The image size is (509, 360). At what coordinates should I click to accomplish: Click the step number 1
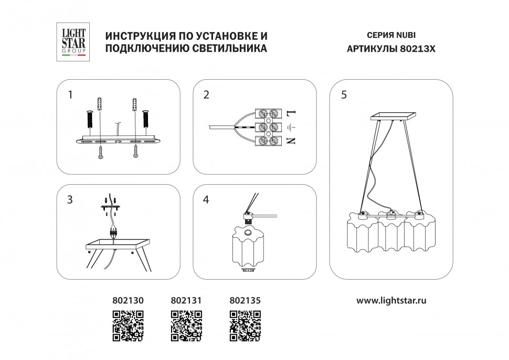tap(70, 95)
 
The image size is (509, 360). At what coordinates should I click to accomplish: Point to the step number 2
tap(206, 95)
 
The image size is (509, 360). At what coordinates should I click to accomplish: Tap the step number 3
tap(70, 200)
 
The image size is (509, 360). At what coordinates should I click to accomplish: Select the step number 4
tap(206, 200)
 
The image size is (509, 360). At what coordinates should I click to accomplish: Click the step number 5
tap(344, 95)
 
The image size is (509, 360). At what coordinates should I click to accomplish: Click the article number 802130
tap(128, 301)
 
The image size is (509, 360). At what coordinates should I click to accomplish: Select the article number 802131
tap(187, 301)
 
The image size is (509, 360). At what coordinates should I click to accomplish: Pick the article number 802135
tap(246, 301)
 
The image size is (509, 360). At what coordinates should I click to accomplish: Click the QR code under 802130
tap(128, 326)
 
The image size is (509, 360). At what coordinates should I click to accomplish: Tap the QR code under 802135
tap(246, 326)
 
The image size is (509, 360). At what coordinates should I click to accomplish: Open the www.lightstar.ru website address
tap(391, 301)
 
